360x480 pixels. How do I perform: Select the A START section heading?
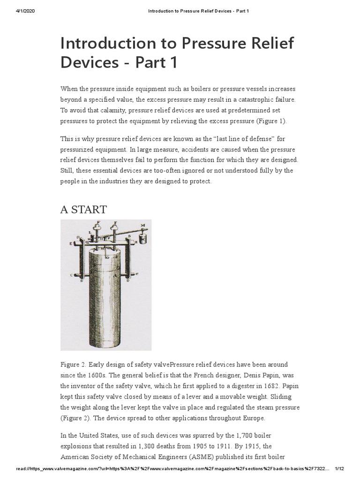[83, 210]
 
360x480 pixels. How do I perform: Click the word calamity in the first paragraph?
[105, 110]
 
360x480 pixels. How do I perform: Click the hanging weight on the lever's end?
[143, 241]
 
